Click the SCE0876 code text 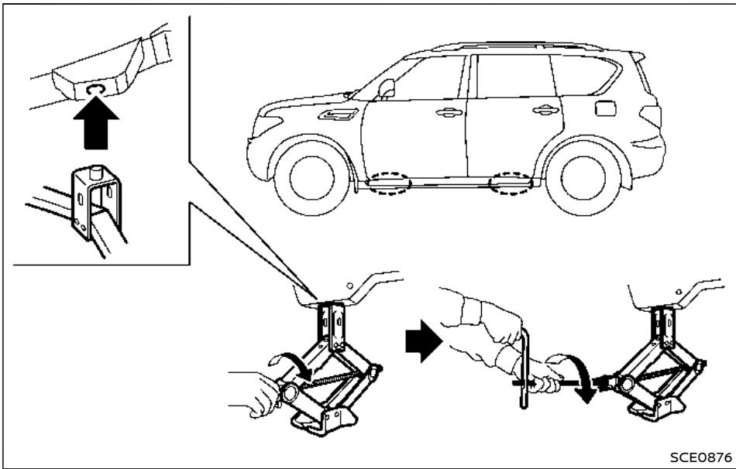(700, 457)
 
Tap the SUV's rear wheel (583, 178)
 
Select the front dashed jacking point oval (388, 183)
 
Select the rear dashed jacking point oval (511, 183)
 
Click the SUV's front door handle (449, 112)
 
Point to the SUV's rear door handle (546, 110)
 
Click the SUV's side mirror (387, 88)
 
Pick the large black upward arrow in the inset (96, 123)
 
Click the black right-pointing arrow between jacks (423, 341)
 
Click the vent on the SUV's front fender (339, 114)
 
